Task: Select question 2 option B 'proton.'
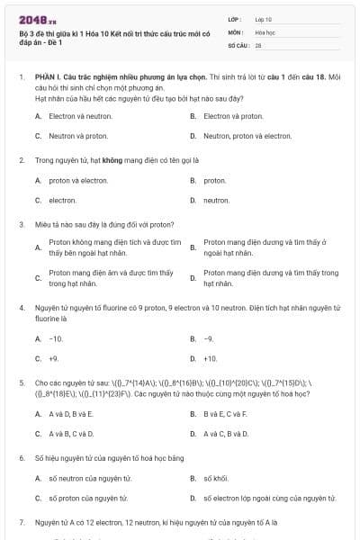(x=215, y=180)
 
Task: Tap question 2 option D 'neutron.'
(x=217, y=200)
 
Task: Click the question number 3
(x=21, y=224)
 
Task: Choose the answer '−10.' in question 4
(x=56, y=338)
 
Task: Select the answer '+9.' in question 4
(x=54, y=358)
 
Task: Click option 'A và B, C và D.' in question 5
(x=71, y=433)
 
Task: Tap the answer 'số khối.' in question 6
(x=216, y=478)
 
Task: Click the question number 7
(x=21, y=522)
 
